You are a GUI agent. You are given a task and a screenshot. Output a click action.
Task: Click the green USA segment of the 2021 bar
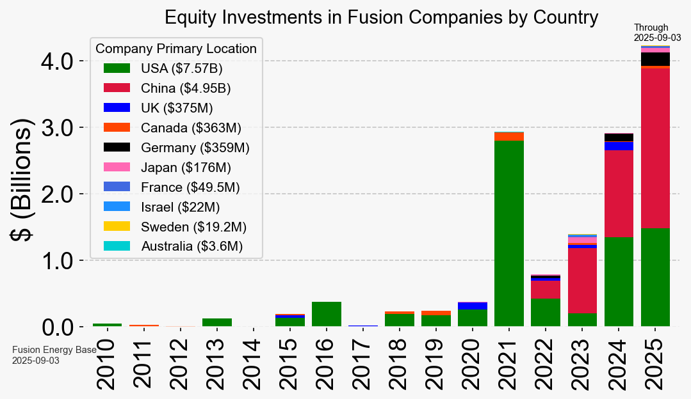pyautogui.click(x=509, y=233)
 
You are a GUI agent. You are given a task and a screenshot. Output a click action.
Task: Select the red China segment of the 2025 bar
pyautogui.click(x=655, y=148)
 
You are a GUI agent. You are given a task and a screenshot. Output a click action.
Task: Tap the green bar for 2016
pyautogui.click(x=327, y=314)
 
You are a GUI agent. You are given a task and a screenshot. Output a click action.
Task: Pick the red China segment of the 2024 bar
pyautogui.click(x=619, y=194)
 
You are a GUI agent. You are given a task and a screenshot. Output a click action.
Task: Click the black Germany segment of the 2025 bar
pyautogui.click(x=655, y=59)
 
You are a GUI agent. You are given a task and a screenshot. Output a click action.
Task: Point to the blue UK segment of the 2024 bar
pyautogui.click(x=619, y=146)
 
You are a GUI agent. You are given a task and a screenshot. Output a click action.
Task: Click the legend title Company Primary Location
pyautogui.click(x=176, y=49)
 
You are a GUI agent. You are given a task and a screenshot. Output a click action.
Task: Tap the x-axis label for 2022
pyautogui.click(x=546, y=364)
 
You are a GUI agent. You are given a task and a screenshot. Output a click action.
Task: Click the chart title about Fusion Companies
pyautogui.click(x=381, y=17)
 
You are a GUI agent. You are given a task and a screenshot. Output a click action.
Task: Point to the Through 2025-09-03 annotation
pyautogui.click(x=657, y=33)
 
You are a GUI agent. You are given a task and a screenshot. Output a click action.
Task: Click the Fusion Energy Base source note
pyautogui.click(x=54, y=355)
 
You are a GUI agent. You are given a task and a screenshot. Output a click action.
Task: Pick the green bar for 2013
pyautogui.click(x=217, y=322)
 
